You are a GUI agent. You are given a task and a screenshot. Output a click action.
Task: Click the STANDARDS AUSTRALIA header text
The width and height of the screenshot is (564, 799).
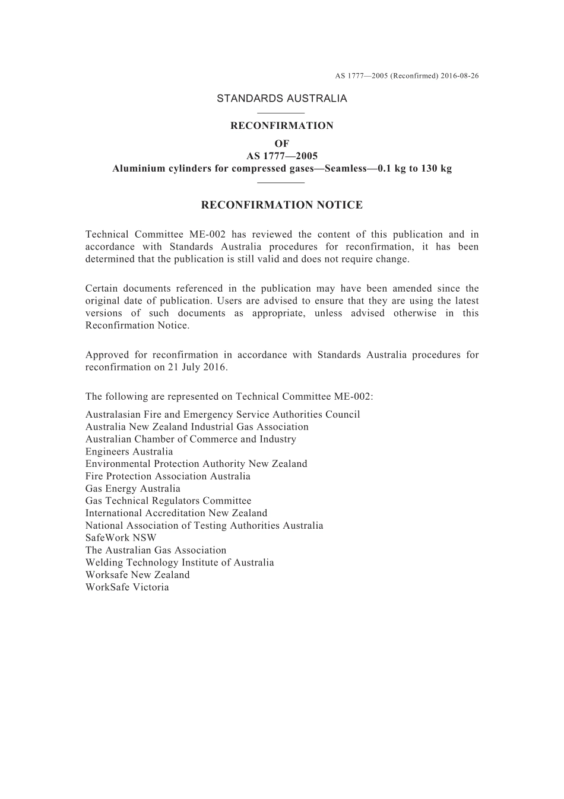click(281, 99)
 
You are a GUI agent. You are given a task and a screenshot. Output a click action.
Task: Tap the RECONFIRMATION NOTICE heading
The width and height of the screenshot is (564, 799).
click(281, 206)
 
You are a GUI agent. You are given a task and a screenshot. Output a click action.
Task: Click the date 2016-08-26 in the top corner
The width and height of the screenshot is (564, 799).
click(460, 76)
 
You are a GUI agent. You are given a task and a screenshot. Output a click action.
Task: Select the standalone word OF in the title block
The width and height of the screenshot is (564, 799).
click(281, 144)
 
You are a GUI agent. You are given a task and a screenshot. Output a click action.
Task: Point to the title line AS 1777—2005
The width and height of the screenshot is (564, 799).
click(281, 156)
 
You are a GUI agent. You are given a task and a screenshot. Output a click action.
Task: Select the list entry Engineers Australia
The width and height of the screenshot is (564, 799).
click(129, 451)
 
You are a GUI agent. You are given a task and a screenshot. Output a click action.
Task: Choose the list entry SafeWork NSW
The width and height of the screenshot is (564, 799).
click(121, 538)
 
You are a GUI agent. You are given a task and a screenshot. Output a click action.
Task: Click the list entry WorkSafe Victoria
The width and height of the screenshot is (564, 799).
click(127, 587)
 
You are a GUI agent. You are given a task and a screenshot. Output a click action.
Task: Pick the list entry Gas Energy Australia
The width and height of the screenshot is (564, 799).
click(132, 488)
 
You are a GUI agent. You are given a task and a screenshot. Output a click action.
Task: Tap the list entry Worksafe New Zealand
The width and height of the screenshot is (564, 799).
click(137, 574)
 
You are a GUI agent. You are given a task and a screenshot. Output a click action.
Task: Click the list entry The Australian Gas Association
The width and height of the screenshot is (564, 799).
click(156, 550)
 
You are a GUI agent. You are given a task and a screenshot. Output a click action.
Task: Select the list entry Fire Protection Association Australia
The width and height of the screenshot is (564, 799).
click(167, 476)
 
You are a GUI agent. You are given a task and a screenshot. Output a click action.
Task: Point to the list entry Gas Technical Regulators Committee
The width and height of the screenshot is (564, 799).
click(168, 501)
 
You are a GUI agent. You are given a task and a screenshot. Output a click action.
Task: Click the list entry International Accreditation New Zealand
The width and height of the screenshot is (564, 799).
click(176, 513)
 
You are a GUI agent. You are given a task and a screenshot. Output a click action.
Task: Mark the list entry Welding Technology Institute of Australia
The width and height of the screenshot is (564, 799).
click(179, 563)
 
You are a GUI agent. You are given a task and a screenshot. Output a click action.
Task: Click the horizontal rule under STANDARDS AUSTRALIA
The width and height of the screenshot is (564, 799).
click(281, 112)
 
